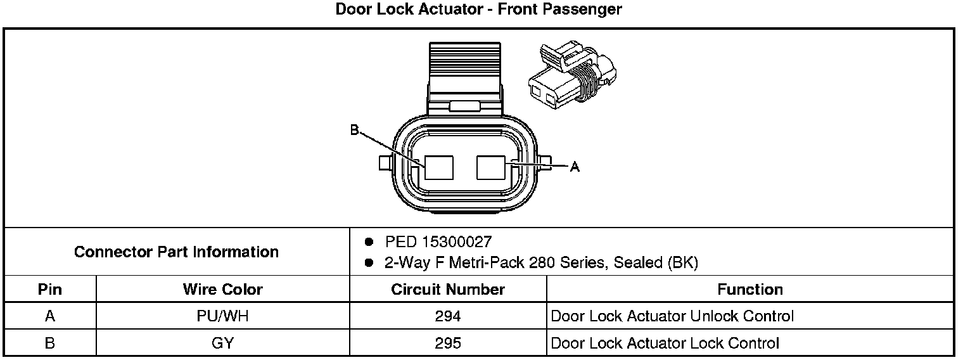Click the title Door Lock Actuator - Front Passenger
(x=478, y=9)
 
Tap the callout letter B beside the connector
(x=354, y=131)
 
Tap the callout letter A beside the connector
(x=575, y=167)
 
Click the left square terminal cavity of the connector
(x=440, y=167)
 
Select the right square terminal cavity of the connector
(x=491, y=167)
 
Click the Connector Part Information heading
(x=176, y=252)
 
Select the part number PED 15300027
(x=438, y=241)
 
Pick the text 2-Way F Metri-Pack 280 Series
(x=494, y=263)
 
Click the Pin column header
(x=50, y=290)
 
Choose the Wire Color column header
(x=222, y=290)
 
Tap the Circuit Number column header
(x=448, y=290)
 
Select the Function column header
(x=750, y=290)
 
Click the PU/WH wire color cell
(x=222, y=316)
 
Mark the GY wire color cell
(x=222, y=344)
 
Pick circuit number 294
(x=448, y=316)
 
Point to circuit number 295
(x=448, y=344)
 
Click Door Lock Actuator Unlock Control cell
(x=672, y=316)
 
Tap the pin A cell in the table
(x=50, y=316)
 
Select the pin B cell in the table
(x=50, y=344)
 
